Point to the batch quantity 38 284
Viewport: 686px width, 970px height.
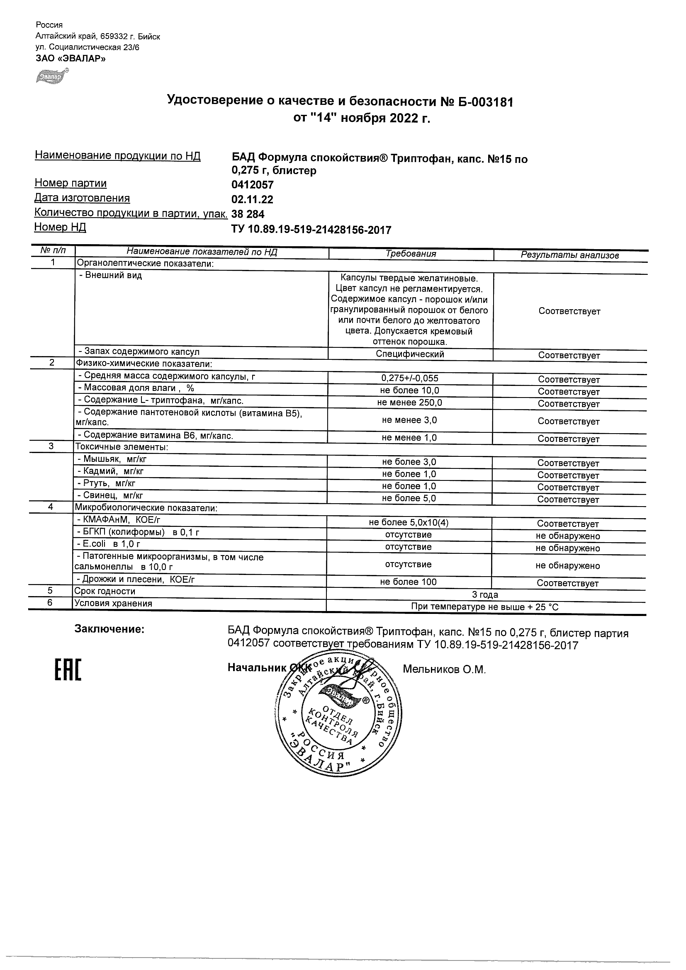248,214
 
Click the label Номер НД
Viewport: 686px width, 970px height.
60,227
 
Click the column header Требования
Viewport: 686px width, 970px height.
411,254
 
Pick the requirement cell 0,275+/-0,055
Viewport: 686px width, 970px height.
410,378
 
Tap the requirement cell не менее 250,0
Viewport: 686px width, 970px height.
410,403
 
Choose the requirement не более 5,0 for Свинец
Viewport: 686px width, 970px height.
409,499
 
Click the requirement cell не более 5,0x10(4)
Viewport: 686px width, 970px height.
408,523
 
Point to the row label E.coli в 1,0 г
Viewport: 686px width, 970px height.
109,544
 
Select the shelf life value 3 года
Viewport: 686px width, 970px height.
485,595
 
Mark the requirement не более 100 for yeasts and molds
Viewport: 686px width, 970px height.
408,582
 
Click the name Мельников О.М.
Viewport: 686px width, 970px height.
444,669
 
